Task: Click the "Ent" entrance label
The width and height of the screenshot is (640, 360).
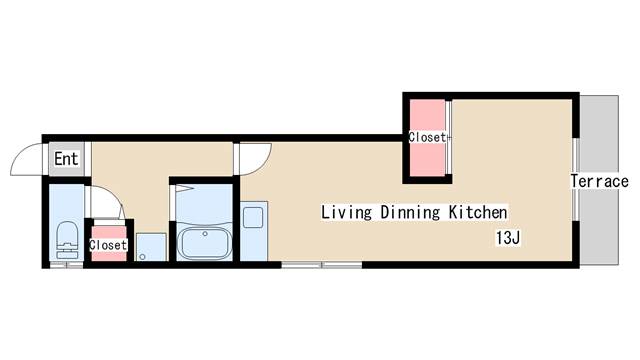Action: [66, 159]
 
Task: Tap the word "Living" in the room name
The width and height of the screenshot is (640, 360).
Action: [347, 212]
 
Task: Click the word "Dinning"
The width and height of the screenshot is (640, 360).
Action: [410, 212]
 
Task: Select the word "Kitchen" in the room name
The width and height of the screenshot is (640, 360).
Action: [478, 212]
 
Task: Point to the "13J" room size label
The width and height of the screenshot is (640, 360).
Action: [508, 238]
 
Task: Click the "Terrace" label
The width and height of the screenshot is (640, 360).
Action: [600, 181]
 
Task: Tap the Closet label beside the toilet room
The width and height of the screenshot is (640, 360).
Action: [108, 245]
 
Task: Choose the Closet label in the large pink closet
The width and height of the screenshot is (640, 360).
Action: [427, 137]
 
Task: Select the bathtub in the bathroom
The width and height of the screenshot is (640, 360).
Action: [205, 243]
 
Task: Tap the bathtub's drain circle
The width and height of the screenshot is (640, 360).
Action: [205, 234]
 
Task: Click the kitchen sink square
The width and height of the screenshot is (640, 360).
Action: [253, 217]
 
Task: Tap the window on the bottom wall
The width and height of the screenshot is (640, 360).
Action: [322, 265]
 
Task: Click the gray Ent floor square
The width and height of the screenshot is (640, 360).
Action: [67, 159]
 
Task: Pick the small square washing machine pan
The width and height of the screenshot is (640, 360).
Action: [151, 247]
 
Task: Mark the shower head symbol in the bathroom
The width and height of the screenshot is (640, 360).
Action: [184, 189]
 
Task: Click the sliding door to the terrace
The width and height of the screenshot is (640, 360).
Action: [576, 179]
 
